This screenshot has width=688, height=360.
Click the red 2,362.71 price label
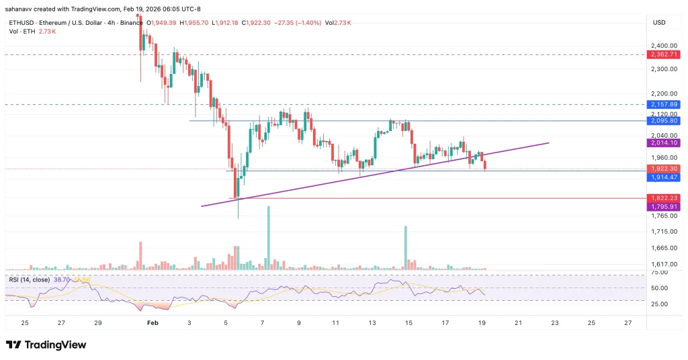point(664,54)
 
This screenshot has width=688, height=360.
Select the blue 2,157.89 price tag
point(664,105)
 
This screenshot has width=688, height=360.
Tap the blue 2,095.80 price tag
point(664,121)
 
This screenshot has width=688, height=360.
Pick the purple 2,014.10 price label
point(664,143)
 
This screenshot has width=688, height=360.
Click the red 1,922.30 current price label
point(664,169)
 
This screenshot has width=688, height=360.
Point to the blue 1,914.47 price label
point(664,177)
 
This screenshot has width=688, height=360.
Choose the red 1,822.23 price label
point(664,198)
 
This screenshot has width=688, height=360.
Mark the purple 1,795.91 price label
point(664,207)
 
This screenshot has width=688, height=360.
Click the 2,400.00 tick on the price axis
point(664,46)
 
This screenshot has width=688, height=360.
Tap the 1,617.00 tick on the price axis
point(664,265)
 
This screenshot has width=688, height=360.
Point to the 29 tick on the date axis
point(98,323)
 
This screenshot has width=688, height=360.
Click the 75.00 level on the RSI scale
point(659,273)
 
